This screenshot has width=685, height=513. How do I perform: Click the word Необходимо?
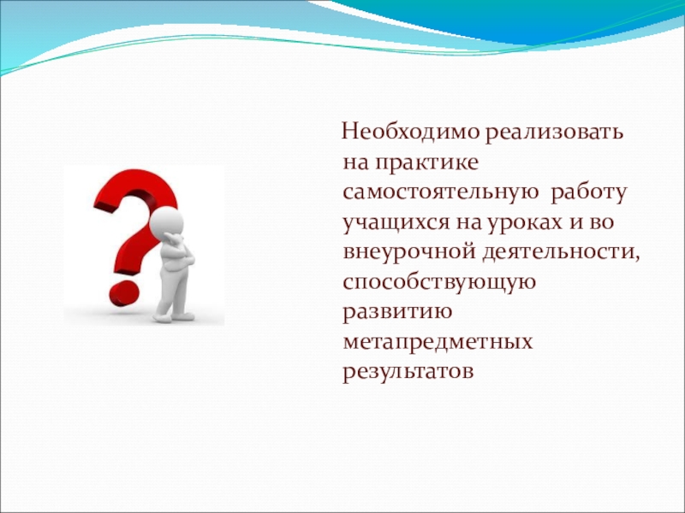[411, 131]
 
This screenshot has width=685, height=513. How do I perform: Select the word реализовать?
[554, 133]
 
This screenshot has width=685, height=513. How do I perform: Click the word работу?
[589, 192]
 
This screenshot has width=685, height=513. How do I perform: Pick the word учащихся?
[396, 223]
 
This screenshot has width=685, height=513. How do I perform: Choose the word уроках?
[524, 223]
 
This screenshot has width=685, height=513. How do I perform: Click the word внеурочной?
[410, 253]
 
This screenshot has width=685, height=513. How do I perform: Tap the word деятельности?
[557, 252]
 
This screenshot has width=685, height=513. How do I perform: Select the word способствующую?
[439, 283]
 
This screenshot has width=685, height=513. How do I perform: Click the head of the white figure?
[166, 221]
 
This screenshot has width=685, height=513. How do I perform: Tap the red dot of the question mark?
[124, 293]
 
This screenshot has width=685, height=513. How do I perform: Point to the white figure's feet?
[174, 316]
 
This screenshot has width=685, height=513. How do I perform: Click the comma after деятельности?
[636, 260]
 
